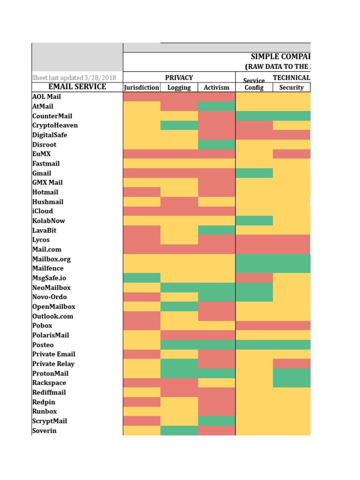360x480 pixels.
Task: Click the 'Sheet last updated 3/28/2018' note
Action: [x=74, y=78]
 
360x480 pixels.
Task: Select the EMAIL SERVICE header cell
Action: [x=77, y=87]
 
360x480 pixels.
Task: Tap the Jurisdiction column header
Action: [x=142, y=88]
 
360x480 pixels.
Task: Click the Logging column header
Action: [x=179, y=88]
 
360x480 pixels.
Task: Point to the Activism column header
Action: [x=217, y=88]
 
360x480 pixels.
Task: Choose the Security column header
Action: [x=291, y=88]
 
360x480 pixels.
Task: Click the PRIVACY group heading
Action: [x=179, y=78]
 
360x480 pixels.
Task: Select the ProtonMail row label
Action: [x=50, y=374]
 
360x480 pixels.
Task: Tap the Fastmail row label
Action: [x=46, y=164]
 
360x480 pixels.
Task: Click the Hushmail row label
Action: [x=48, y=202]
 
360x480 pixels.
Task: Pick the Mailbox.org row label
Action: [x=52, y=259]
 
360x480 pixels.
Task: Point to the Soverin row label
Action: [x=45, y=431]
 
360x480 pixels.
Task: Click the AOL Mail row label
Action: [x=46, y=97]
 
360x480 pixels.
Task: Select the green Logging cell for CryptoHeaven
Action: [x=179, y=126]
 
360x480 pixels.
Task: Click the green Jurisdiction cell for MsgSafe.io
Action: [x=142, y=278]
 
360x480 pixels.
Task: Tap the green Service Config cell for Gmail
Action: [x=254, y=173]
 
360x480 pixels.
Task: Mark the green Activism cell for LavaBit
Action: [x=217, y=230]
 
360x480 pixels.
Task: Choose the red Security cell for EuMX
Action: [x=291, y=154]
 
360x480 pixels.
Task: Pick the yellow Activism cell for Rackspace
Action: [x=217, y=383]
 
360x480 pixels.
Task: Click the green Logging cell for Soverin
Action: [x=179, y=431]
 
